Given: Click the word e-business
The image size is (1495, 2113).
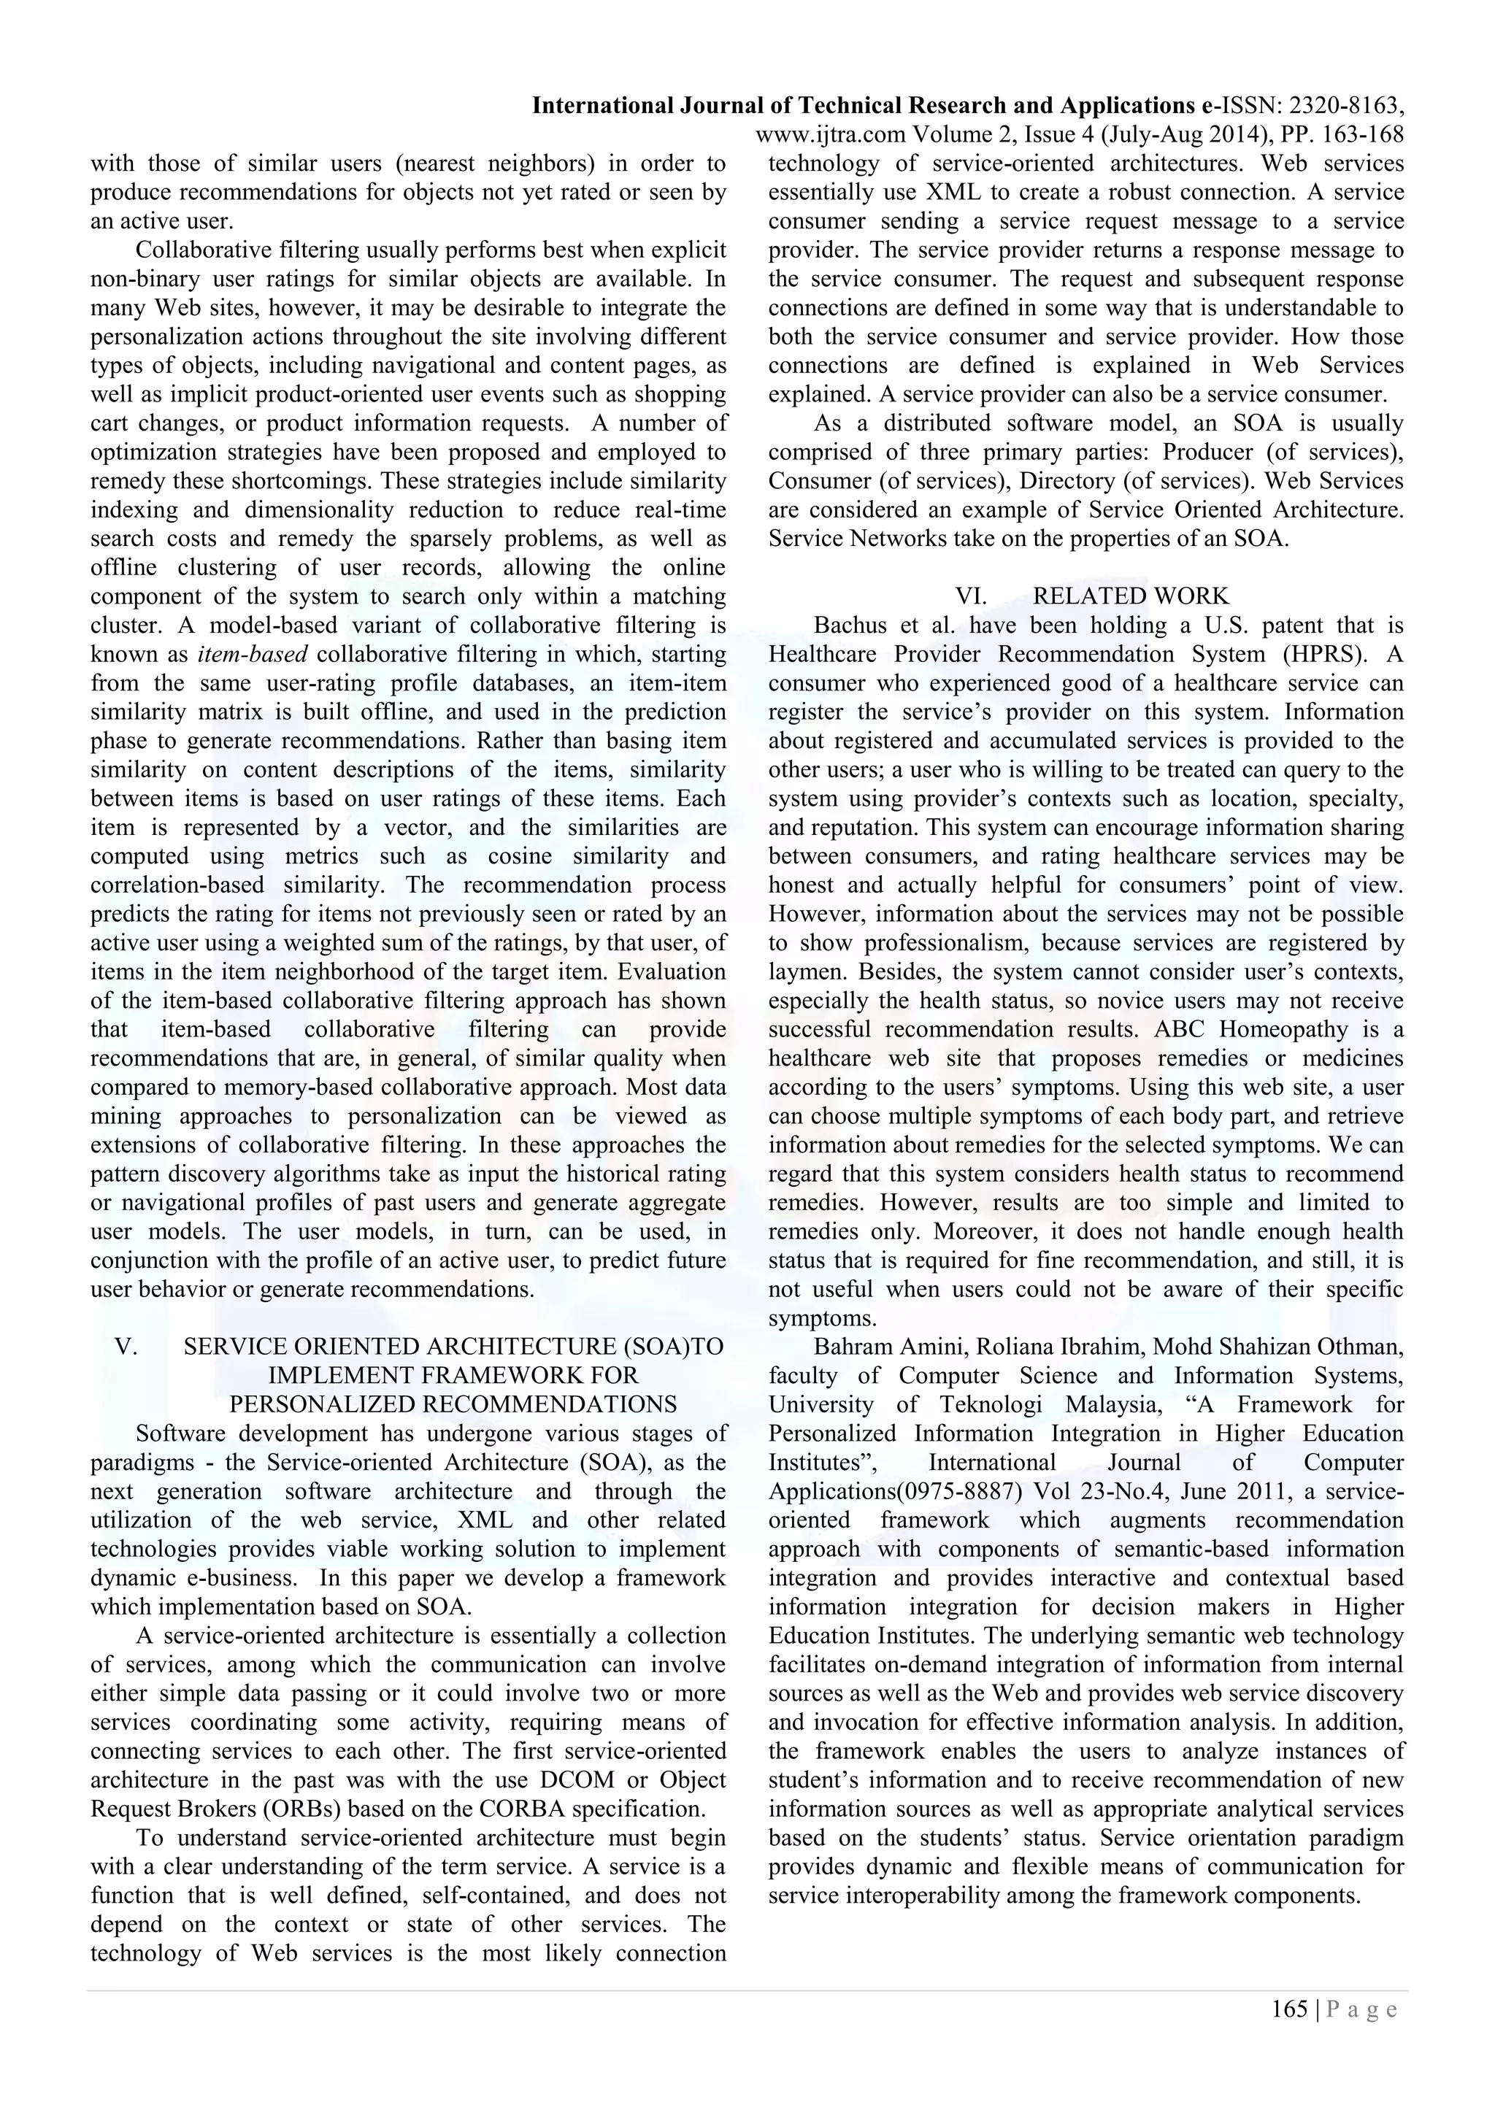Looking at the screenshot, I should pos(235,1578).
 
